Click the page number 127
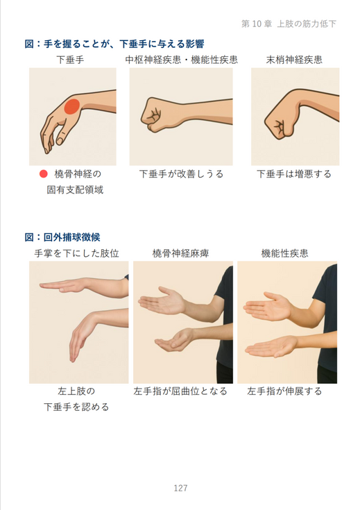pos(180,488)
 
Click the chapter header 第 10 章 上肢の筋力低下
pos(289,24)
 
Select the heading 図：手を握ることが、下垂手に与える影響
pos(114,44)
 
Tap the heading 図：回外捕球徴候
pos(62,237)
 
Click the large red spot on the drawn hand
pos(72,107)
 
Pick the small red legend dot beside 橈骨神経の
pos(44,174)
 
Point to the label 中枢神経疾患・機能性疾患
pos(182,60)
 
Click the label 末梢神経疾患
pos(294,60)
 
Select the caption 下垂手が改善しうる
pos(182,174)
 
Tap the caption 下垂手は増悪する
pos(294,174)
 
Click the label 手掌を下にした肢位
pos(77,253)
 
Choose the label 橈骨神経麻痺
pos(180,253)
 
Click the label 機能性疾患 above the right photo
pos(284,253)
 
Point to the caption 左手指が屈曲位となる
pos(180,391)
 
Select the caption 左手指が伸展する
pos(284,391)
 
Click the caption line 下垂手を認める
pos(76,407)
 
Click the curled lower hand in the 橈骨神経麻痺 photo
pos(174,340)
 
